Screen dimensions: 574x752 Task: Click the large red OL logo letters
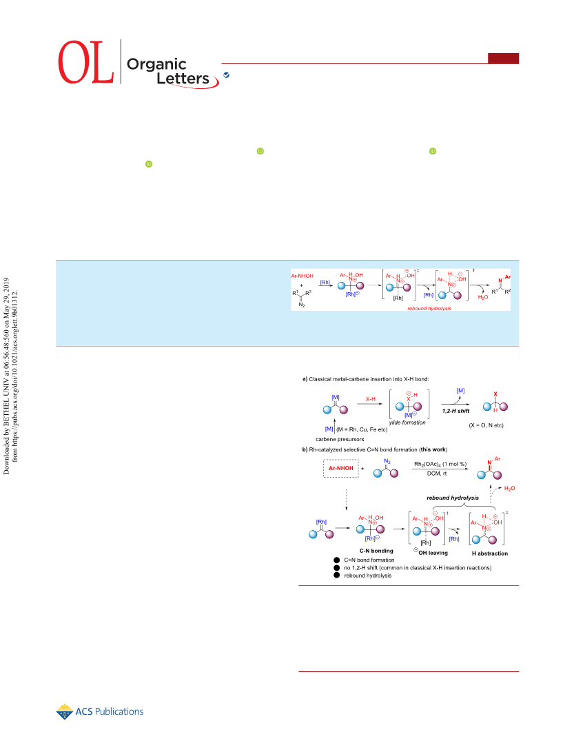pos(86,62)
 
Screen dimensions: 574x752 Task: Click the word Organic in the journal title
pos(156,64)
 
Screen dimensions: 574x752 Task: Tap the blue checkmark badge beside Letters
pos(226,75)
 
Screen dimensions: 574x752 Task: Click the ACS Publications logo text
pos(110,711)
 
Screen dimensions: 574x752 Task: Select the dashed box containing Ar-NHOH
pos(341,468)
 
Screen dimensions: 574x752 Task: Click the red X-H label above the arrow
pos(371,399)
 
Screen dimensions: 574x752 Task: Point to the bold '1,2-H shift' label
pos(455,411)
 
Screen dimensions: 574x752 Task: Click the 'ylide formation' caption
pos(407,423)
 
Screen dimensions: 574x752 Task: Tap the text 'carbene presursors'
pos(340,439)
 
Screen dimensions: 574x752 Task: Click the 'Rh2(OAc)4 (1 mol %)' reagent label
pos(440,465)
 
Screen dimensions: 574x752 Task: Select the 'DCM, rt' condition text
pos(437,474)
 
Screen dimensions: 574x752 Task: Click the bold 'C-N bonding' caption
pos(376,551)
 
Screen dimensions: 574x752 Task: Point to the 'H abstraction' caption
pos(490,553)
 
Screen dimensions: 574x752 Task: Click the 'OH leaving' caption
pos(431,553)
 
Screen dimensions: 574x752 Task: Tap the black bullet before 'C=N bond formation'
pos(337,560)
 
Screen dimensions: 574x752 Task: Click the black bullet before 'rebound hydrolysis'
pos(337,576)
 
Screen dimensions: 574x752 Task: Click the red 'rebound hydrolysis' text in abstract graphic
pos(429,308)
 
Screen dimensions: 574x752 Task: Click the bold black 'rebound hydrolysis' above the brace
pos(453,498)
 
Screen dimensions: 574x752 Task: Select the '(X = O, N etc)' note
pos(486,425)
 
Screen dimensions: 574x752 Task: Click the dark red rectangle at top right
pos(504,58)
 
